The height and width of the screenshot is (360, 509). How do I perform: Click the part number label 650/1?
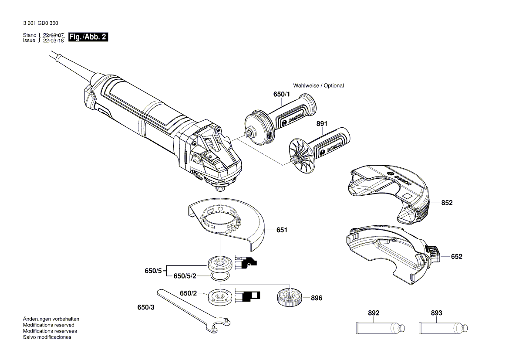(281, 94)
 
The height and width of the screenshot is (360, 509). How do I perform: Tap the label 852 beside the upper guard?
(447, 203)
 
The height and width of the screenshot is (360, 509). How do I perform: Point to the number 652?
(456, 257)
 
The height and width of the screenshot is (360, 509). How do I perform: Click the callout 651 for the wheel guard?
(282, 230)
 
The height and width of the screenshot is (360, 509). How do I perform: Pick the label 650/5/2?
(185, 276)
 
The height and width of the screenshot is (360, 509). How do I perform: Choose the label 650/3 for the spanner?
(146, 308)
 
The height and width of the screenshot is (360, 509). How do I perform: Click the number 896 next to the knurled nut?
(317, 299)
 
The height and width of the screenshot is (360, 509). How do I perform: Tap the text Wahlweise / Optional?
(318, 85)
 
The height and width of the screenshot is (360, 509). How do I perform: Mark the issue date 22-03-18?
(54, 40)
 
